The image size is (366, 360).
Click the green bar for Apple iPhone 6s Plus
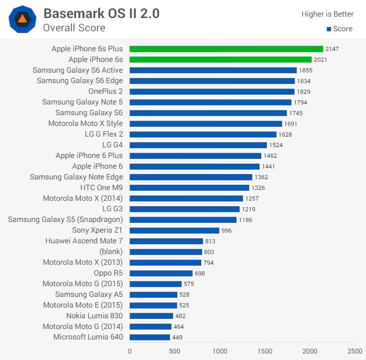(226, 49)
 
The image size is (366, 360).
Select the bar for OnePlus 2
(212, 92)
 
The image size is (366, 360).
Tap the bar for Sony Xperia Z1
(174, 231)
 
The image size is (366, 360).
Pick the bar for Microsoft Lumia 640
(150, 337)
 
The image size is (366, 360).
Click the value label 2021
(320, 60)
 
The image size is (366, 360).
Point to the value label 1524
(276, 145)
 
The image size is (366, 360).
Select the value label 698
(200, 273)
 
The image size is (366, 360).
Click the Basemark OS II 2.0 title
(102, 14)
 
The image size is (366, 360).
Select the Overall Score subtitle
(74, 28)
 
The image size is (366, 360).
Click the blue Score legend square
(329, 29)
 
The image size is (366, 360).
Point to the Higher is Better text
(327, 14)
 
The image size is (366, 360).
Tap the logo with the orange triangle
(22, 19)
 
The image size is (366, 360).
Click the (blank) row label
(111, 252)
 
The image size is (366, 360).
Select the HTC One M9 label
(102, 188)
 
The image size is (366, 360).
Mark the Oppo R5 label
(108, 273)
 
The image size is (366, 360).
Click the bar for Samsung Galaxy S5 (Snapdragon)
(183, 220)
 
